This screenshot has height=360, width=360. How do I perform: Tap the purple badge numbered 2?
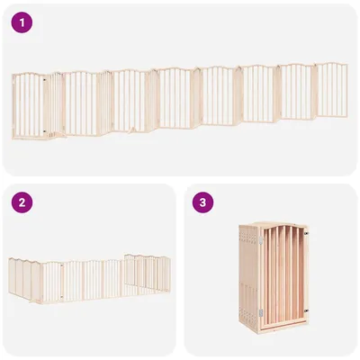[x=21, y=202]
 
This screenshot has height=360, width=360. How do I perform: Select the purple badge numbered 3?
[x=203, y=202]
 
